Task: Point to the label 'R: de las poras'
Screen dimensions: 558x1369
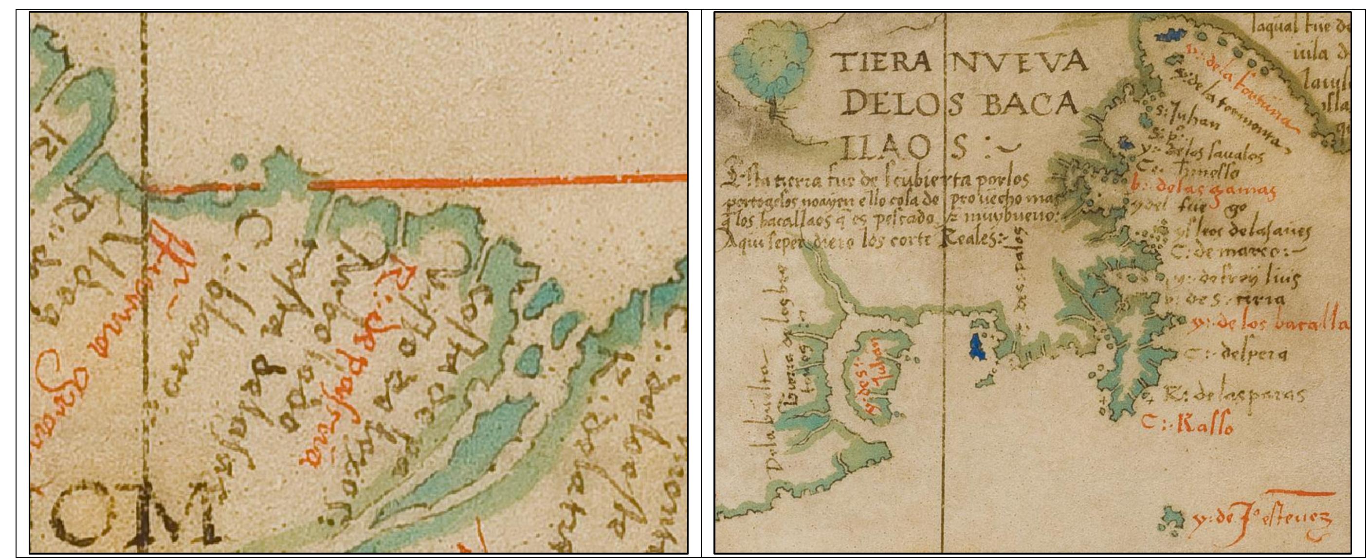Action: point(1233,396)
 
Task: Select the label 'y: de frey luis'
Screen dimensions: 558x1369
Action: point(1236,278)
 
